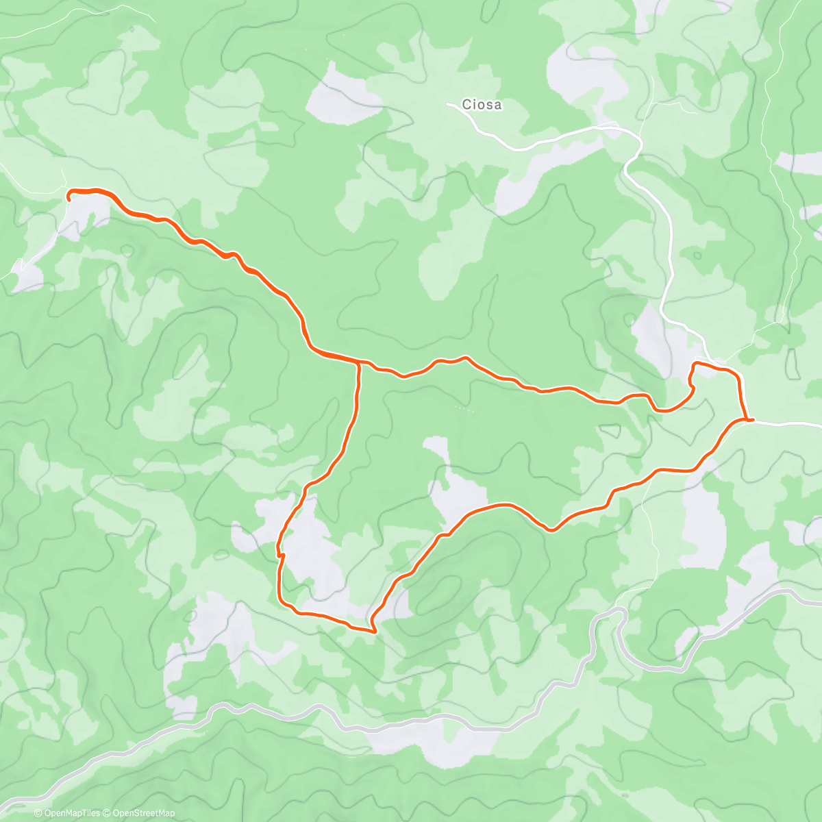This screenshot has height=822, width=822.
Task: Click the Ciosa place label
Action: [482, 105]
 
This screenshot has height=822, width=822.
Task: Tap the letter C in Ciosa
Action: [466, 105]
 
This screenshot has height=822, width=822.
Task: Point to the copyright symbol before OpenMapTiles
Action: [38, 813]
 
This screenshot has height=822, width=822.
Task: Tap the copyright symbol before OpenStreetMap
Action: [108, 813]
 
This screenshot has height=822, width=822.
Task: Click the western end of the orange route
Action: [69, 196]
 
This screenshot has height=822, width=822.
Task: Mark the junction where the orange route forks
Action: [359, 362]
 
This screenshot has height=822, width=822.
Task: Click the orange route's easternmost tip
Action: [753, 419]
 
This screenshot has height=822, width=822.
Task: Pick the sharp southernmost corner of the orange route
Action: [373, 631]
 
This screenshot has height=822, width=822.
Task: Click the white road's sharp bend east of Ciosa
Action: [640, 140]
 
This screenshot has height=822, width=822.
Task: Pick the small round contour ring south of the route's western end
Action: [127, 251]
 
